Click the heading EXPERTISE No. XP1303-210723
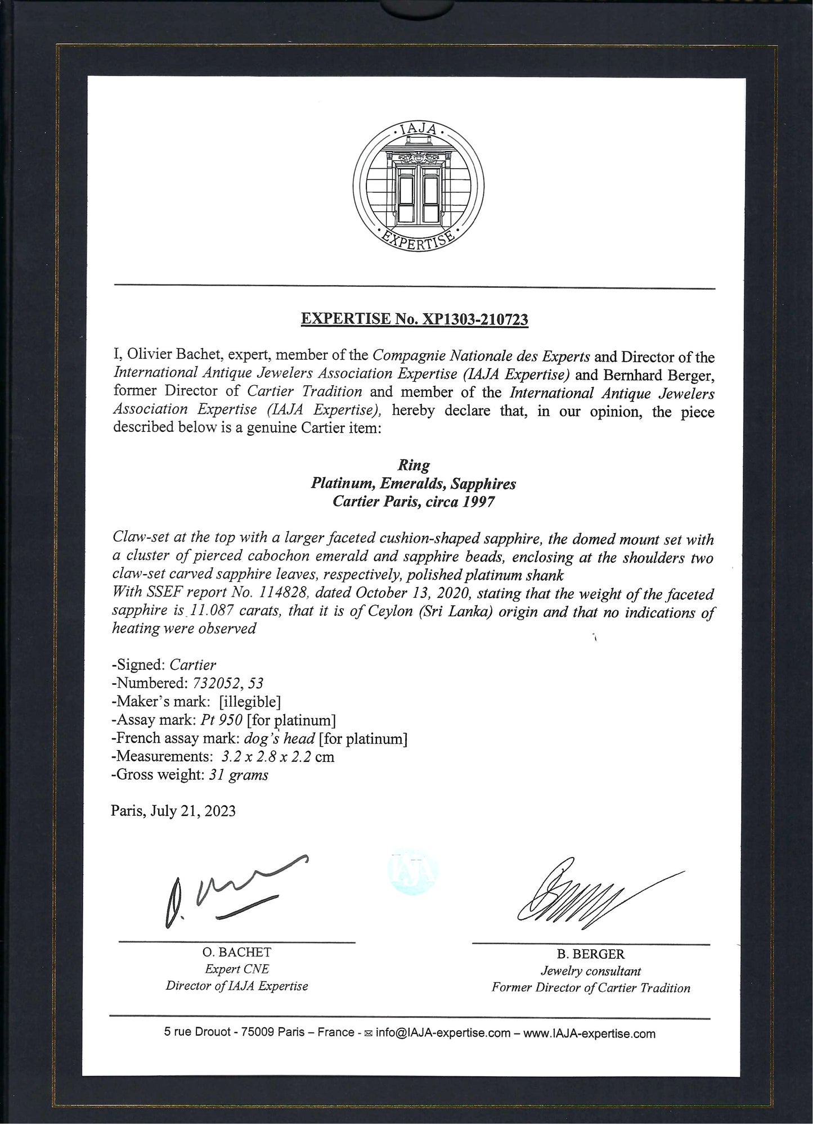point(414,319)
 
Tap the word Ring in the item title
point(414,466)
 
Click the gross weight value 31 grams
point(236,775)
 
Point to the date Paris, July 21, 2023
point(173,811)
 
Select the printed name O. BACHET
point(237,953)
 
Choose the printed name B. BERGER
point(591,954)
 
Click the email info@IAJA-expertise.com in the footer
point(443,1033)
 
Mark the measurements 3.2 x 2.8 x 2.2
point(267,757)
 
